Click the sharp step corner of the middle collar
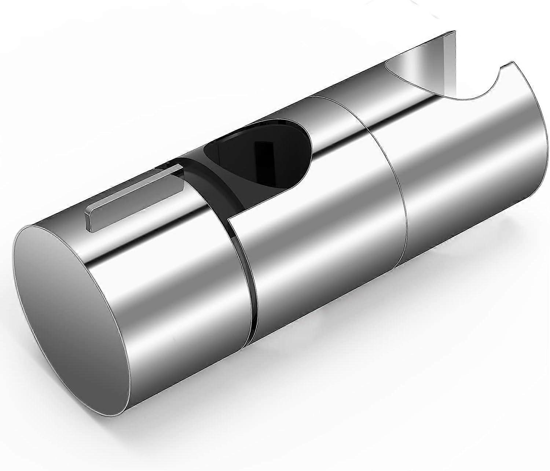(x=229, y=222)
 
